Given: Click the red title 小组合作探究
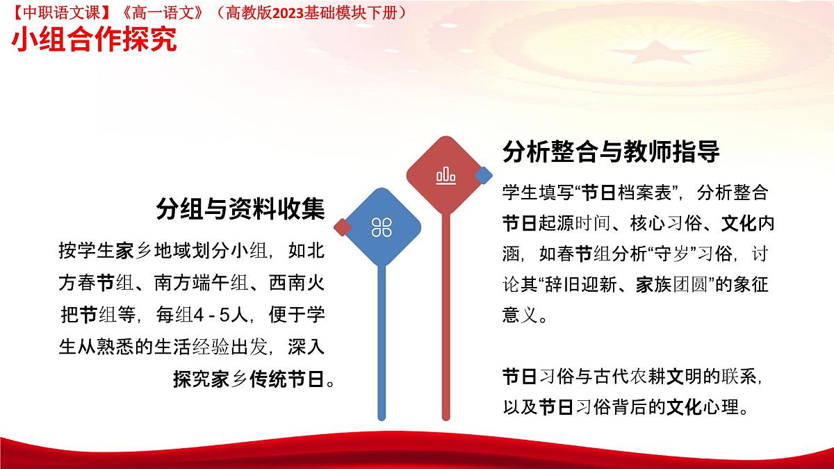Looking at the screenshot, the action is pos(95,39).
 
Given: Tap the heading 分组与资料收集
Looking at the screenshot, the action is pos(240,209).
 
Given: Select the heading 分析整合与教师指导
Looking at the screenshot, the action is pos(611,151).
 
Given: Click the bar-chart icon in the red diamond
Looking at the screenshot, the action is pos(445,175).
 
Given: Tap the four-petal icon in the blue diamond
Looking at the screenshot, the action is pos(382,227).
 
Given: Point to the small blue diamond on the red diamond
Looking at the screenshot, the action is pos(483,175).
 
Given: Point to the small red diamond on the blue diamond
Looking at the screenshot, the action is pos(343,227).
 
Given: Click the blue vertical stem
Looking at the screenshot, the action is pos(382,343).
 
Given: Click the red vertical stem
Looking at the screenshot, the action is pos(445,316).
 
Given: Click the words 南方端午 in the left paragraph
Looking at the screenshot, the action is pos(192,283).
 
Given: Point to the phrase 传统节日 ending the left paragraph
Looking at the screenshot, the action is pos(286,379).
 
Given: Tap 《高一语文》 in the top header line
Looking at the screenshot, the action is pos(163,13).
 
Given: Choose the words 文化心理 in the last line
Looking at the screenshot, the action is pos(702,407).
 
